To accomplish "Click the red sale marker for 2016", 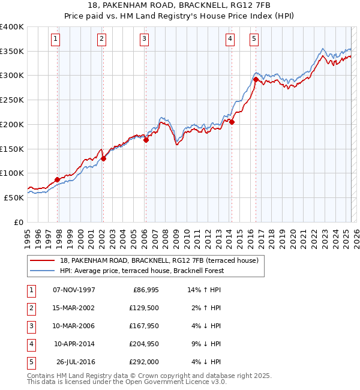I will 256,79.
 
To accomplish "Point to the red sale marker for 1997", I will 58,179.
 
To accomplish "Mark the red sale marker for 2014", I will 232,122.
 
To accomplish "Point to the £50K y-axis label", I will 14,197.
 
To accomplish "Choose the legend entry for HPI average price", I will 142,271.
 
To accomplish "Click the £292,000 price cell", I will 145,362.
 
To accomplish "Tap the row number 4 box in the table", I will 31,344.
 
